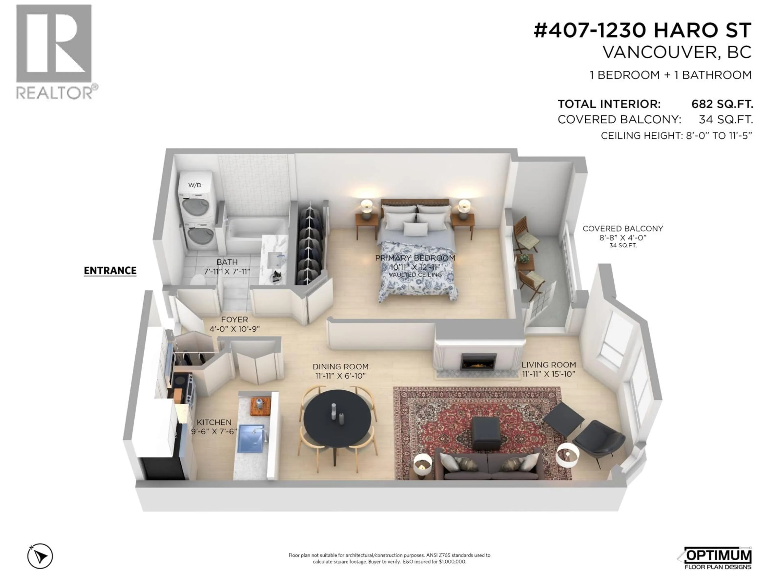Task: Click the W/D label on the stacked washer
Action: (x=195, y=185)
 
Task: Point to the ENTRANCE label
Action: (x=110, y=271)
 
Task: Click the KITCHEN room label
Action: (x=214, y=422)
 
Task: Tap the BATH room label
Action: (x=227, y=262)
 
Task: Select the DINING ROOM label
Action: (x=340, y=367)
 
